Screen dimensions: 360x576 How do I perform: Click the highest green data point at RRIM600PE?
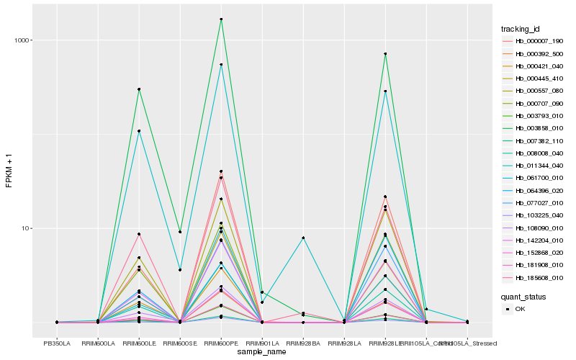click(221, 19)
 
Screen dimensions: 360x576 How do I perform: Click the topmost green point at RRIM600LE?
click(139, 89)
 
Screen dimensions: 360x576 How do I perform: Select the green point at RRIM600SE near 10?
click(180, 232)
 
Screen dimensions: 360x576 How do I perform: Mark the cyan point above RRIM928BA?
click(304, 238)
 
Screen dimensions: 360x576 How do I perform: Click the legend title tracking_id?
click(521, 29)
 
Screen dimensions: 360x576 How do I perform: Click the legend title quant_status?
click(523, 296)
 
